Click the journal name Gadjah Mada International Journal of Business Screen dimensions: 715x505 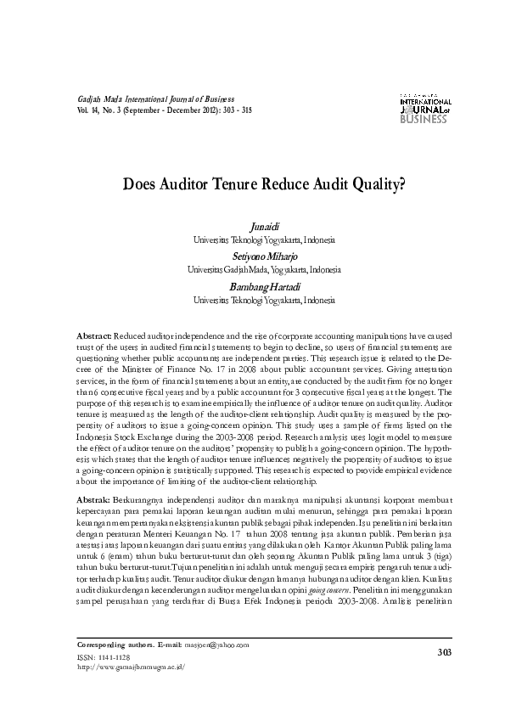(155, 100)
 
